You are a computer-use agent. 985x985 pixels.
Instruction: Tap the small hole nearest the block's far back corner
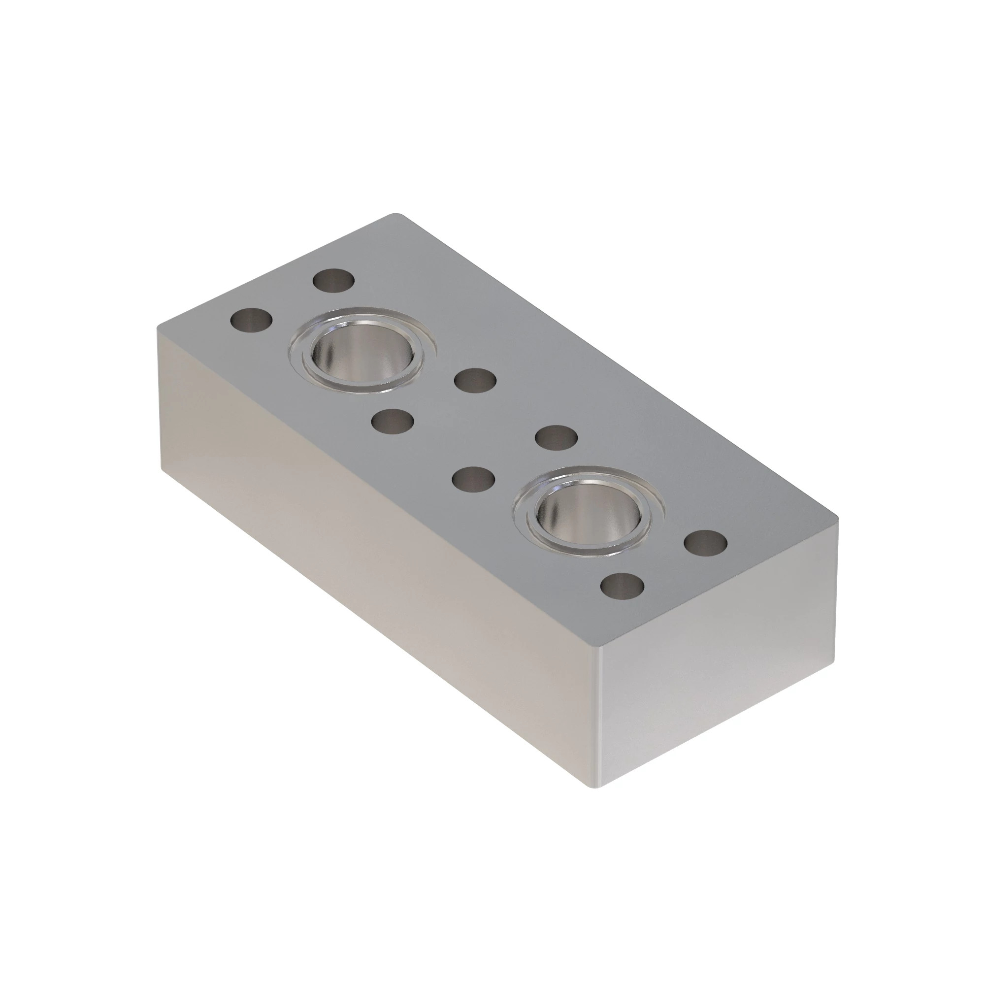pyautogui.click(x=333, y=281)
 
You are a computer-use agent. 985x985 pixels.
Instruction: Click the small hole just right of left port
pyautogui.click(x=475, y=381)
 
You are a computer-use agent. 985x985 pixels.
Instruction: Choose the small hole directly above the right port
pyautogui.click(x=557, y=437)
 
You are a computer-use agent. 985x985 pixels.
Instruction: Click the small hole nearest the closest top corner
pyautogui.click(x=623, y=585)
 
